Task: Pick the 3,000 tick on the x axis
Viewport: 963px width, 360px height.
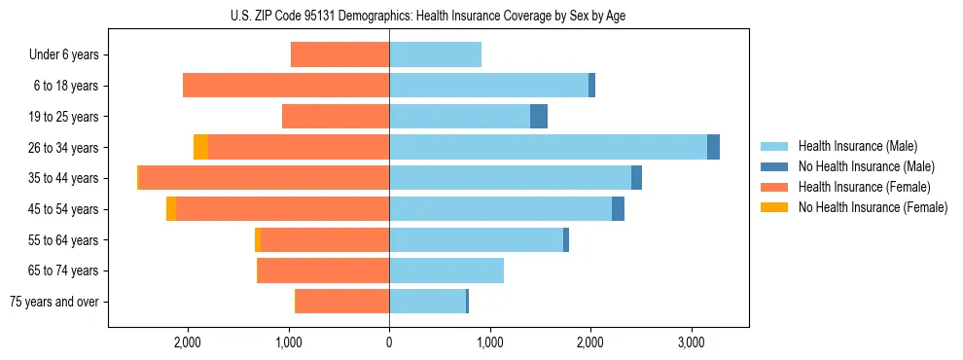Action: [691, 342]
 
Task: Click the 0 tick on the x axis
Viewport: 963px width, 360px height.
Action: [389, 342]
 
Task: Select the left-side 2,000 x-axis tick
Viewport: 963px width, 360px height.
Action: [187, 342]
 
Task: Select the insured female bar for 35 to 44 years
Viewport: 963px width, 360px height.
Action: [264, 178]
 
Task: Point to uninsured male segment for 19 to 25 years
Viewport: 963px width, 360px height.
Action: [539, 117]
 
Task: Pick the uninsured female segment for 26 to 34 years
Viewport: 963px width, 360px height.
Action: [200, 147]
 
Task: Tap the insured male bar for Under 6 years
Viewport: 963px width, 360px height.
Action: [435, 54]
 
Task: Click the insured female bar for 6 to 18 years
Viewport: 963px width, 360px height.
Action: [286, 86]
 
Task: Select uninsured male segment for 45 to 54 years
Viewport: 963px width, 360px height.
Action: [618, 209]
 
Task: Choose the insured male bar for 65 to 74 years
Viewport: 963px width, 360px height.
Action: [446, 270]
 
